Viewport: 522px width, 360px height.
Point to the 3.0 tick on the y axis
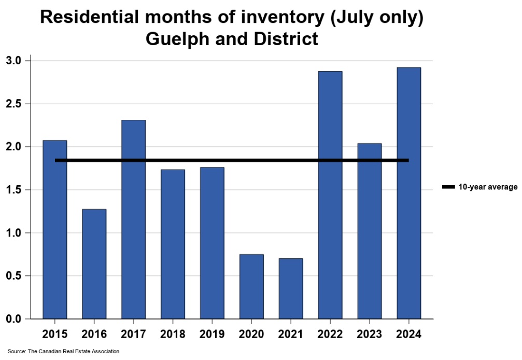click(14, 61)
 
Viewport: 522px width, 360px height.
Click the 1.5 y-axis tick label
click(14, 190)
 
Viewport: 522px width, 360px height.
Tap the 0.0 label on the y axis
click(14, 319)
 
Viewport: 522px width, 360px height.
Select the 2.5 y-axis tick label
click(14, 104)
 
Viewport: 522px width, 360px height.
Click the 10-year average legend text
click(488, 187)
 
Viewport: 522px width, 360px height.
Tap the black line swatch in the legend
click(448, 187)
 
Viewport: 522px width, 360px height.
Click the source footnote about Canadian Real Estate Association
click(63, 352)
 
